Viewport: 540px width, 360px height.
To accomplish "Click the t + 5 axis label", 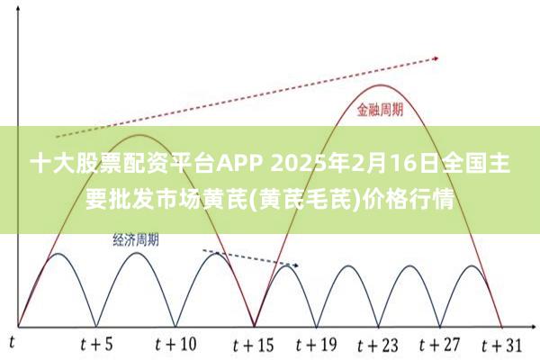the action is pos(96,344).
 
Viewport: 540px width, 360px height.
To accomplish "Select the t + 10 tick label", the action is pos(175,344).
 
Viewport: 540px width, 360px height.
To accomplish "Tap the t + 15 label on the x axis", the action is pos(254,345).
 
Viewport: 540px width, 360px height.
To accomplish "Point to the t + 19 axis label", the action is pos(316,344).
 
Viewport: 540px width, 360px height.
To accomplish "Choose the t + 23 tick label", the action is pos(378,346).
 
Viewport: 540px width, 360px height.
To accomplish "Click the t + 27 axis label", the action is pos(440,344).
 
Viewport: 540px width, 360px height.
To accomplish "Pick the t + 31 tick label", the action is pos(502,346).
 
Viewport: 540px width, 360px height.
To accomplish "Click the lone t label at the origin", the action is pos(12,343).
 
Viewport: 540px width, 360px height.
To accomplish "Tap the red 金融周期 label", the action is pos(380,110).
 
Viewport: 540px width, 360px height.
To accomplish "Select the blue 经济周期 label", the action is pos(136,239).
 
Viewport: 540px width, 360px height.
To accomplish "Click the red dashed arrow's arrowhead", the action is pos(436,58).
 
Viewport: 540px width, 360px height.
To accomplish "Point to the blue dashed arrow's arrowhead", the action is pos(295,265).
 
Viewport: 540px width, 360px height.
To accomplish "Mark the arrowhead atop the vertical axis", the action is pos(18,7).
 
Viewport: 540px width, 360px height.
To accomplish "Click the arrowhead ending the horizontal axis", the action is pos(533,326).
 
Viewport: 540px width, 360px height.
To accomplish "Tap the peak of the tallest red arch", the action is pos(380,85).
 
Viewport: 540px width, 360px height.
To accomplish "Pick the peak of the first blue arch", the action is pos(58,254).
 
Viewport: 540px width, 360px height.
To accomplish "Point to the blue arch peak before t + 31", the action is pos(472,265).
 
